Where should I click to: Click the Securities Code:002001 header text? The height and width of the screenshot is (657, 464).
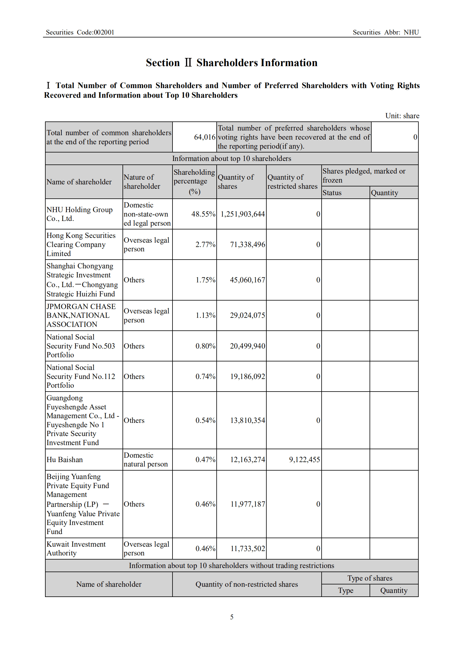coord(80,32)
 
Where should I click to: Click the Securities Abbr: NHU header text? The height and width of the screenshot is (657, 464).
coord(386,32)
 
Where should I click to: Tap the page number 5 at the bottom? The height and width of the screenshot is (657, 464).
coord(232,617)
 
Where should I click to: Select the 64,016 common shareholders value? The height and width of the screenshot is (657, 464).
coord(204,137)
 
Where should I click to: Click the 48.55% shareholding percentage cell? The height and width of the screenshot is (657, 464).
coord(203,214)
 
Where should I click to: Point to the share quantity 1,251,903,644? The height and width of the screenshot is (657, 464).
coord(242,214)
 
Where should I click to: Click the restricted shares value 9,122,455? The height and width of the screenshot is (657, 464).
coord(304,459)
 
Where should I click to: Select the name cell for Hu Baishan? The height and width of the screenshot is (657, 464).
coord(65,459)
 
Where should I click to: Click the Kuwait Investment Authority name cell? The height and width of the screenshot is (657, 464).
coord(76,548)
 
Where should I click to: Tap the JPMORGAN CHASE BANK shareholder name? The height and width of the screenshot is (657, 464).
coord(81,315)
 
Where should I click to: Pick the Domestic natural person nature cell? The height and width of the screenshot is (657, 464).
coord(146,459)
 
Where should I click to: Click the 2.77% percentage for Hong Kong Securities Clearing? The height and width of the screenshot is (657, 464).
coord(205,244)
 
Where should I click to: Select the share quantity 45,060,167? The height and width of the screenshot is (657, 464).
coord(247,280)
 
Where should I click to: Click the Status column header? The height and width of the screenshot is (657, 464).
coord(332,193)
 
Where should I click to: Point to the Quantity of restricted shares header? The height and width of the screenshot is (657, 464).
coord(292,181)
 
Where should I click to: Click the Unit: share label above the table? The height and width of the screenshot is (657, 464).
coord(402,116)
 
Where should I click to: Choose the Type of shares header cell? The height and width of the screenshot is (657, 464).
coord(370,578)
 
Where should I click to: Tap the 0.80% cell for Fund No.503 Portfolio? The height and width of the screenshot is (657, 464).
coord(205,346)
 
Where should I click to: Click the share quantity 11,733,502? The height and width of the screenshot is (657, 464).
coord(247,548)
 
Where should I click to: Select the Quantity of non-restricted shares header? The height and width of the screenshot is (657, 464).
coord(246,584)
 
